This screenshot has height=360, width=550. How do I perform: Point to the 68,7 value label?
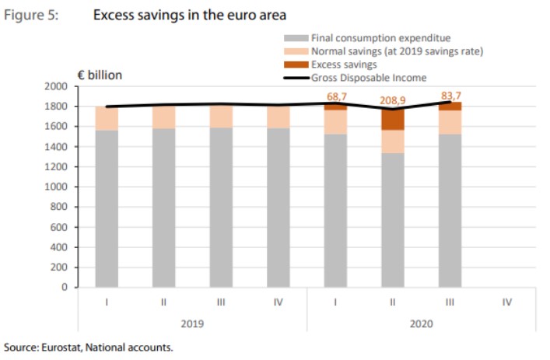pos(336,96)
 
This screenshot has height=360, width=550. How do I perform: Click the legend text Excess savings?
pos(344,64)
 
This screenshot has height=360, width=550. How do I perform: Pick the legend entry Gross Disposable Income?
pos(369,77)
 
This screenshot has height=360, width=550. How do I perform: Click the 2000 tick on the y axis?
pos(56,86)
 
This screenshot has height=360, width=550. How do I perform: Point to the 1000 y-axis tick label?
pos(56,187)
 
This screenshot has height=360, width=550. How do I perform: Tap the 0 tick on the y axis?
pos(65,287)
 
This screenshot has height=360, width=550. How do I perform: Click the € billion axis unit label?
pos(99,75)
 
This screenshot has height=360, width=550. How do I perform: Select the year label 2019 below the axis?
pos(191,321)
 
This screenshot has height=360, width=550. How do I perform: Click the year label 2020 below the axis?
pos(421,321)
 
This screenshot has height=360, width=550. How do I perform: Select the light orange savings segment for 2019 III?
pos(220,117)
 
